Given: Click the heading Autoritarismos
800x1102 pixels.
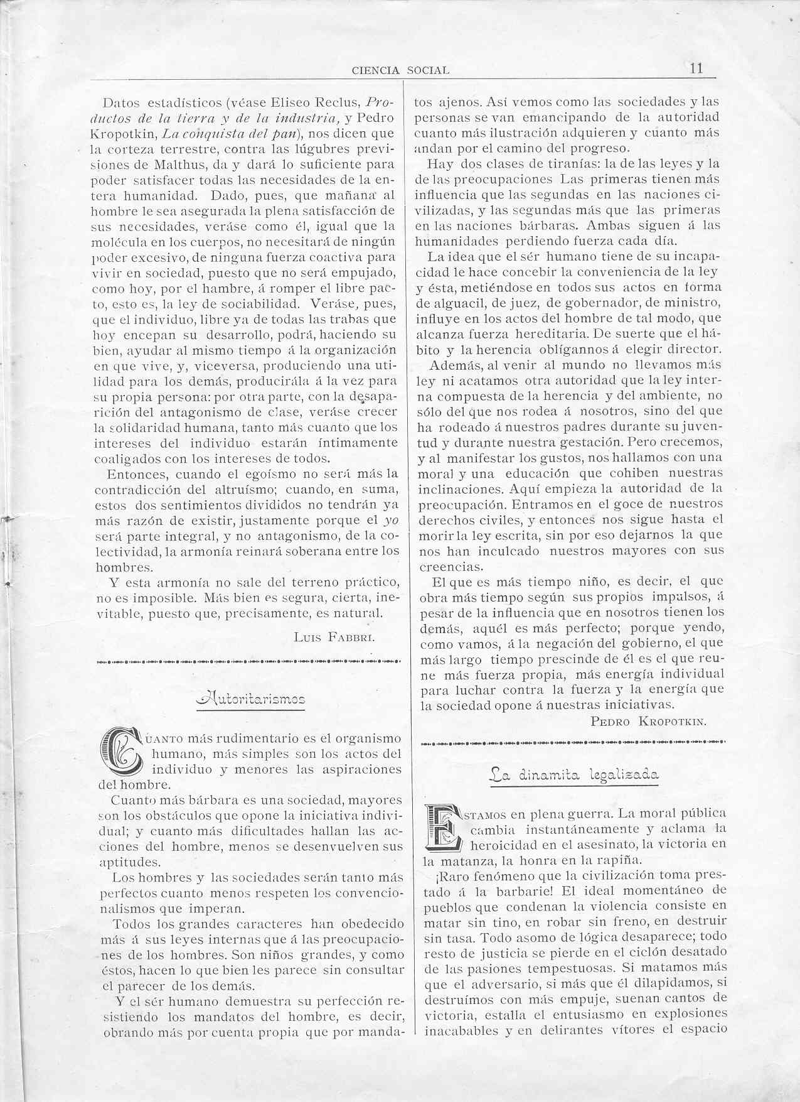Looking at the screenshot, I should click(x=250, y=699).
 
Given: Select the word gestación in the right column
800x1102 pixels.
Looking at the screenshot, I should click(x=587, y=442).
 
